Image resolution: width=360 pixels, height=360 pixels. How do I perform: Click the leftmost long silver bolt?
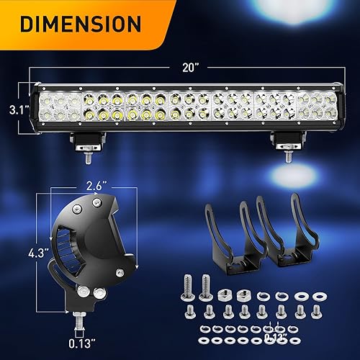(190, 287)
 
